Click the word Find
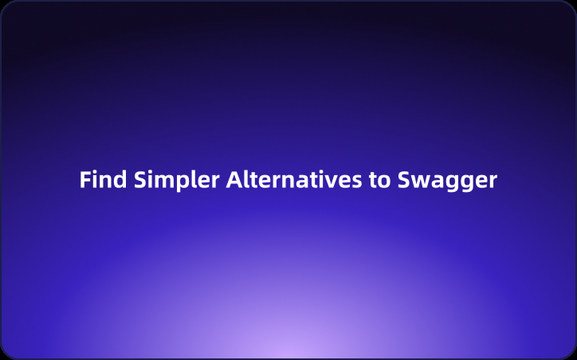(101, 180)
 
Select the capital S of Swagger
(403, 180)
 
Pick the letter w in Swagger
(420, 182)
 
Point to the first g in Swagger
(450, 184)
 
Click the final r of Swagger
(493, 182)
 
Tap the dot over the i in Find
(95, 172)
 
